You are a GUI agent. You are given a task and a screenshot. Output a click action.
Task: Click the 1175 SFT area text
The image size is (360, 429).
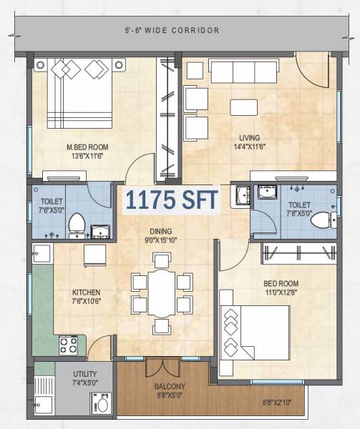[170, 200]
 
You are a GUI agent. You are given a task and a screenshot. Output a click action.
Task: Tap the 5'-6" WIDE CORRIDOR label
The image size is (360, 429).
[170, 31]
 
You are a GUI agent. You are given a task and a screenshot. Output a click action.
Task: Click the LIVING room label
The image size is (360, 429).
[250, 138]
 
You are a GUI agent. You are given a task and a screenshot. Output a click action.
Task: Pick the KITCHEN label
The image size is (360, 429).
[86, 292]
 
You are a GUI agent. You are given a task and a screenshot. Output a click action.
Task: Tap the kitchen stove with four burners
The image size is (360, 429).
[69, 345]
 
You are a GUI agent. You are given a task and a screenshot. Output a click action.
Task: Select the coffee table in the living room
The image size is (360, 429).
[244, 107]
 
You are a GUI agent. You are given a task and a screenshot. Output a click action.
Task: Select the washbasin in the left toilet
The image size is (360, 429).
[99, 230]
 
